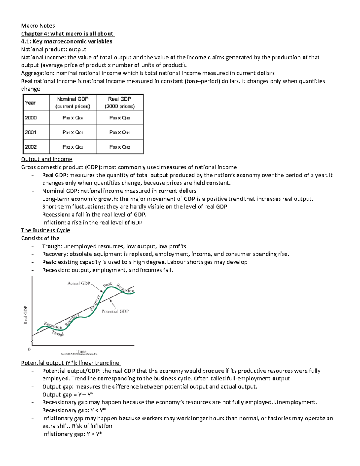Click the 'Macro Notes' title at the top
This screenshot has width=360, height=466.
38,26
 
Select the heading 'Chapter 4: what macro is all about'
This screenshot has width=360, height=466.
67,34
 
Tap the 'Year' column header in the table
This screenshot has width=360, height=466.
30,103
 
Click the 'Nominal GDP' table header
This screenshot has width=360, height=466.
73,99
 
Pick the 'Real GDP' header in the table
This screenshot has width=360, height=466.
119,99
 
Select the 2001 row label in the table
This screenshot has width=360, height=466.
31,132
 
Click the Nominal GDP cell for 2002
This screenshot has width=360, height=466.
73,147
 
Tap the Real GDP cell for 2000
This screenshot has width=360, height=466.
119,118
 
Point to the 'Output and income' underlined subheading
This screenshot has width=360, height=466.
46,159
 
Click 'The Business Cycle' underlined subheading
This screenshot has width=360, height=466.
46,230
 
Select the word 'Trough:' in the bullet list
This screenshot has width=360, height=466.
52,246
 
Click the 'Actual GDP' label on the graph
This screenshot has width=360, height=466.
79,283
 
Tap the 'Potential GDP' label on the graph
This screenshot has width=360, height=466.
115,311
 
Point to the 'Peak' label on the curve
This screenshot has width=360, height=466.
108,284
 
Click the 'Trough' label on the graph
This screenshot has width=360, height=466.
58,333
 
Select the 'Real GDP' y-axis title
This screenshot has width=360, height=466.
26,315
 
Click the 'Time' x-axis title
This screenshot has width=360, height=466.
81,351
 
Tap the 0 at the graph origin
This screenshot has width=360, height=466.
29,350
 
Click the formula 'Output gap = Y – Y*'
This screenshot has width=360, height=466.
68,395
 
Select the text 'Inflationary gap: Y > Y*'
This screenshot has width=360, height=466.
72,434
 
